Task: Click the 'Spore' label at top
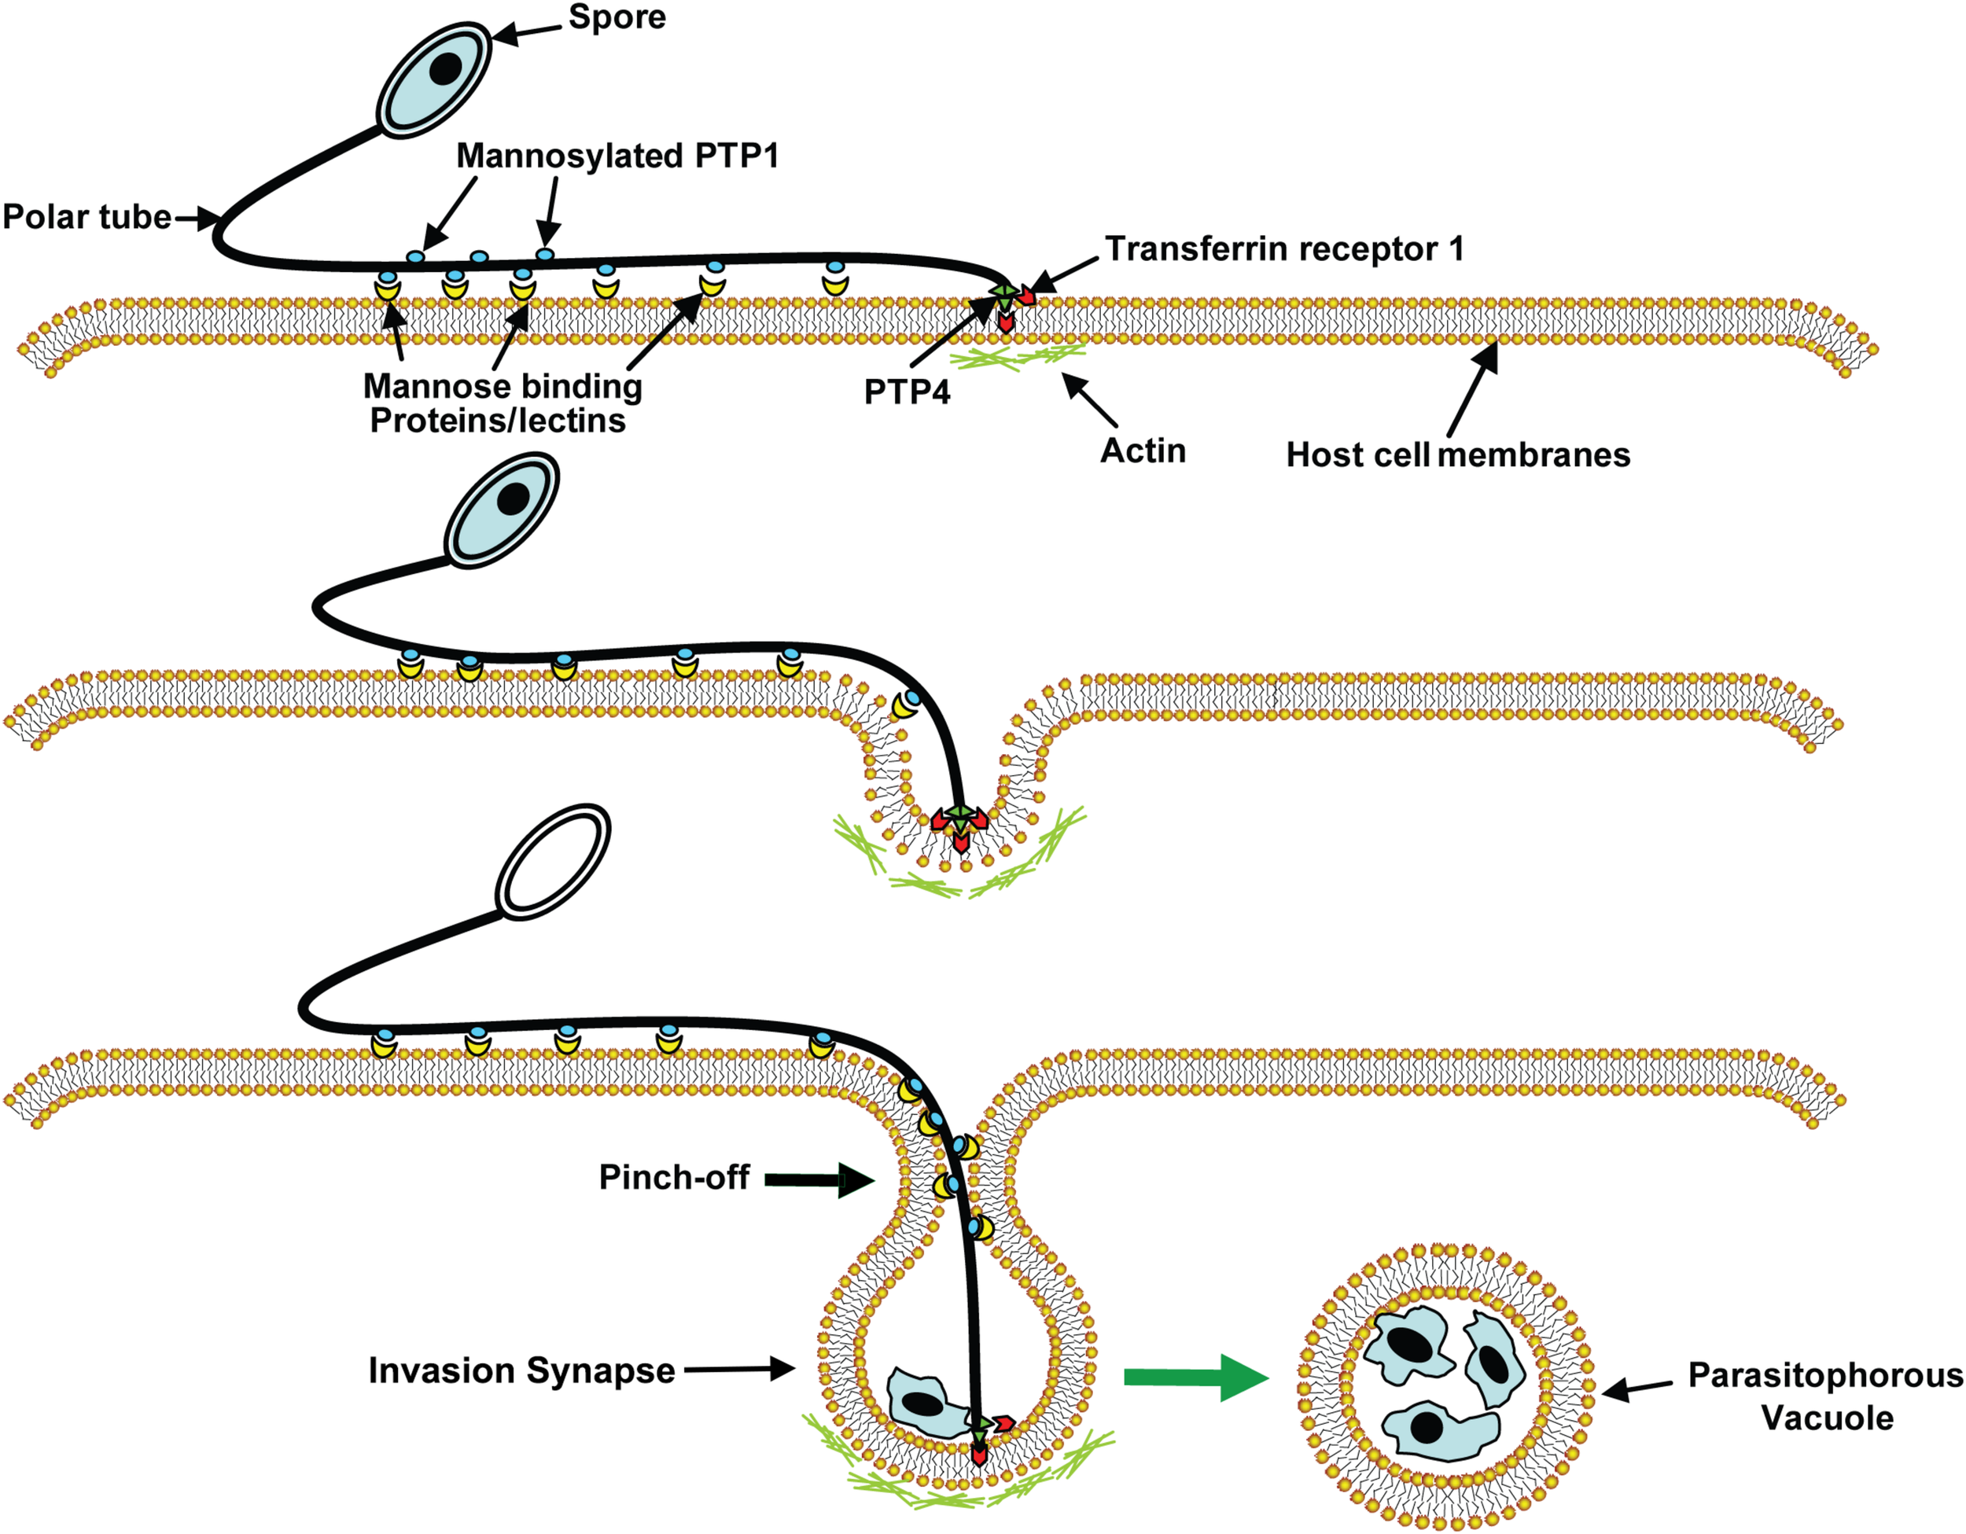coord(617,17)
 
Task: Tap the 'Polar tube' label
coord(87,217)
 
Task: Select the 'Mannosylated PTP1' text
coord(617,156)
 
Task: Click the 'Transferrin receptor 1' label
coord(1283,248)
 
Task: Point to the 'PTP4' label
coord(907,392)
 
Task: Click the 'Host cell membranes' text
coord(1457,454)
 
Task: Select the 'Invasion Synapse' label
coord(521,1371)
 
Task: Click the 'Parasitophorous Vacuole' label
coord(1825,1396)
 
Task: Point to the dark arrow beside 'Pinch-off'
coord(819,1180)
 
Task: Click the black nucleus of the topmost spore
coord(444,68)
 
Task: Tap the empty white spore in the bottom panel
coord(553,863)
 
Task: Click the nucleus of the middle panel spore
coord(513,498)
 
